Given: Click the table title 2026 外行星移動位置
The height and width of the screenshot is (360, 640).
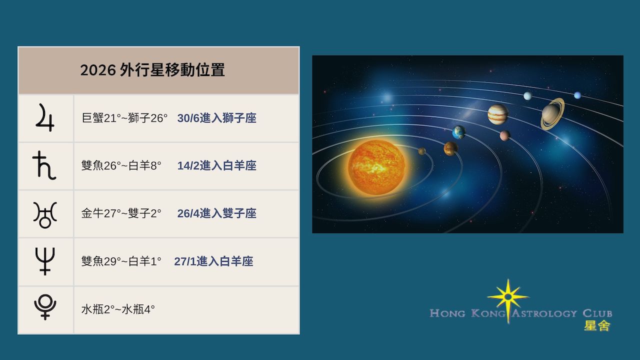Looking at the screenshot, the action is tap(152, 70).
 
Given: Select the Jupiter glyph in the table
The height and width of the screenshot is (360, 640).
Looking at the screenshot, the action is tap(45, 117).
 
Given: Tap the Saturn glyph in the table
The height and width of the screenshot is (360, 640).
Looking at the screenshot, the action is tap(44, 165).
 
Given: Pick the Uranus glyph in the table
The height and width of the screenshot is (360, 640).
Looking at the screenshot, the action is tap(45, 215).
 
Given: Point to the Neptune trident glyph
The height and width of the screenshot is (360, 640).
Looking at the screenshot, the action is tap(45, 261).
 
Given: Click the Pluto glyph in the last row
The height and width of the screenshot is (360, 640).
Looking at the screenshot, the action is tap(45, 307).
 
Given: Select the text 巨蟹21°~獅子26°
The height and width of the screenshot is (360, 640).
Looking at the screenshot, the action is tap(124, 118).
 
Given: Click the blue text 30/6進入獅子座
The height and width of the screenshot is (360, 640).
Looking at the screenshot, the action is tap(217, 118).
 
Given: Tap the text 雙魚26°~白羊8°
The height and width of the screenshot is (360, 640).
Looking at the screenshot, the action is tap(121, 165).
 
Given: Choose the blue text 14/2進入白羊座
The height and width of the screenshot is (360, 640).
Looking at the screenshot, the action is tap(217, 165).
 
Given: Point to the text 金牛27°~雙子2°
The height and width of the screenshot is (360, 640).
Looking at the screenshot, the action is tap(121, 213).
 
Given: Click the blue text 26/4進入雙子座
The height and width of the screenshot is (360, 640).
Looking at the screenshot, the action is tap(217, 213).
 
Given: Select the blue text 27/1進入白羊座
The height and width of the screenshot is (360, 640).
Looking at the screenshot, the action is tap(213, 261).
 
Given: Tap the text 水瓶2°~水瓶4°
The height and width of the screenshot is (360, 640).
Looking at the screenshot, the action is tap(118, 309).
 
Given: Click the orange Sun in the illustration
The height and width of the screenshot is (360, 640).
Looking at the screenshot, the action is tap(376, 167).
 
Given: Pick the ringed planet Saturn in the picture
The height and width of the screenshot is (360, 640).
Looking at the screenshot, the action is tap(552, 114).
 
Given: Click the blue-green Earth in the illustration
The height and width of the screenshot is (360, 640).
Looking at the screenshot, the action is tap(458, 132).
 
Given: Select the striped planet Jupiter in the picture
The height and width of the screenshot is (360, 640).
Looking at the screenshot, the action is tap(497, 114).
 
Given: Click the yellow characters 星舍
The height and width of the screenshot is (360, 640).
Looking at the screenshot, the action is tap(597, 325).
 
